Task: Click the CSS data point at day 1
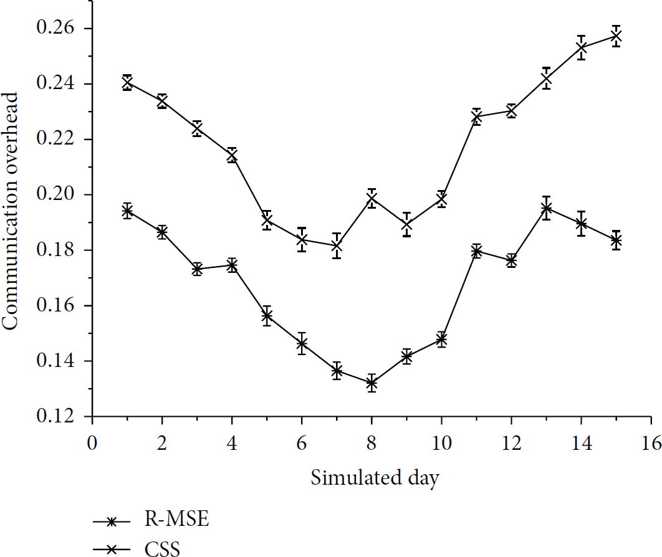pos(127,83)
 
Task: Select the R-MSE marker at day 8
pos(372,383)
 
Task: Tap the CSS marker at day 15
pos(616,36)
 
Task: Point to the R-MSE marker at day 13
pos(546,208)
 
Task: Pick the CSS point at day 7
pos(337,245)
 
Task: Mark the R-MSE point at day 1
pos(127,211)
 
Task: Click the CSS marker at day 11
pos(476,117)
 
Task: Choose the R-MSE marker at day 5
pos(266,316)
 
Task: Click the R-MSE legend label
pos(176,518)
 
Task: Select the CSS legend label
pos(162,548)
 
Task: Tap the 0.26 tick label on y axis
pos(55,28)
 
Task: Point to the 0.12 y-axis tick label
pos(55,416)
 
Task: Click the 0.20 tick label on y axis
pos(55,194)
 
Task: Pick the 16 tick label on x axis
pos(651,443)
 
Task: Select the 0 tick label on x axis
pos(92,443)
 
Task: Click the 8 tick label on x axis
pos(372,443)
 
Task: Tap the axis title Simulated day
pos(375,478)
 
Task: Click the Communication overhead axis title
pos(10,211)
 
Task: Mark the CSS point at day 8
pos(372,198)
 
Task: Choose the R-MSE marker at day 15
pos(616,240)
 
